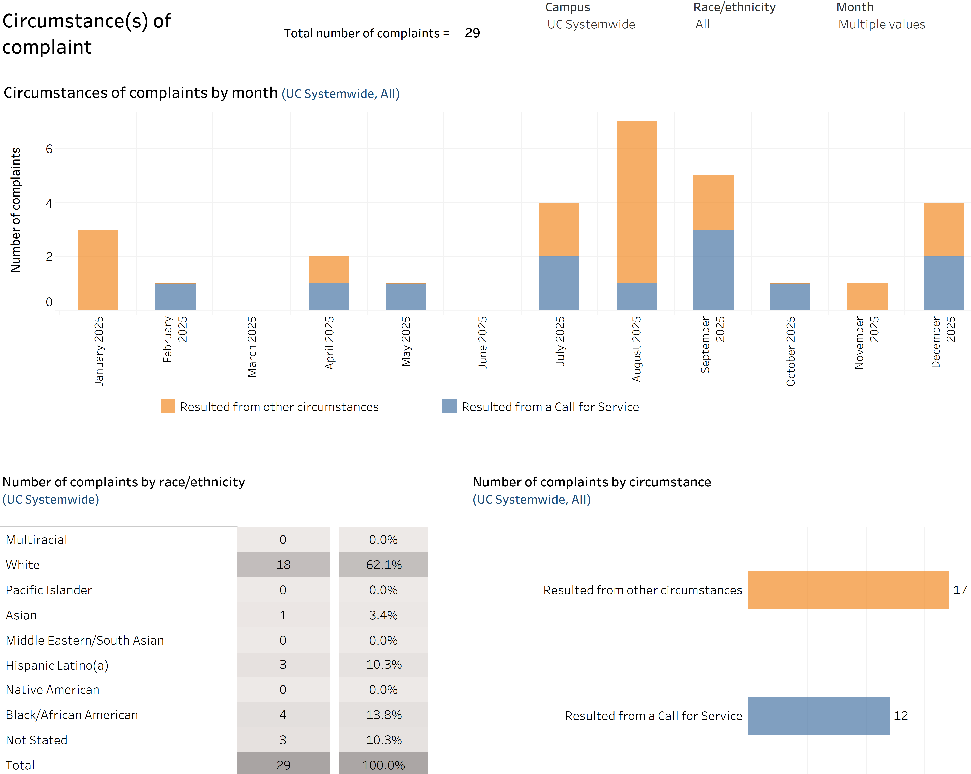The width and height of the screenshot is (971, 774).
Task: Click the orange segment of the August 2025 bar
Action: (636, 202)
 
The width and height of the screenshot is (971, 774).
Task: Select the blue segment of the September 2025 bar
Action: (713, 270)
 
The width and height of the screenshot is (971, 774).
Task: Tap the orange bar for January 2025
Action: (98, 270)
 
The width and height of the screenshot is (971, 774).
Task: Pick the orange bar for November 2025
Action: (867, 296)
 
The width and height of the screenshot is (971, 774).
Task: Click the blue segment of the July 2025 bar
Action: (559, 283)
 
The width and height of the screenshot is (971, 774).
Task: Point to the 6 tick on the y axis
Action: (49, 149)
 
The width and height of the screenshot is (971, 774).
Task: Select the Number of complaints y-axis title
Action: (15, 210)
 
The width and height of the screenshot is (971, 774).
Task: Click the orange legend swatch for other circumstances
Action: (168, 406)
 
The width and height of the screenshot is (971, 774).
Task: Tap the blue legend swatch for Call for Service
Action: (450, 406)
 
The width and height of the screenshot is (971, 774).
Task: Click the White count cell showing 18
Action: (283, 565)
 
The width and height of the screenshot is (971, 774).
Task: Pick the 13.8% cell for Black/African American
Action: (384, 715)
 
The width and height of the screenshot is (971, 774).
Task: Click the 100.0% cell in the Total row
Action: (384, 765)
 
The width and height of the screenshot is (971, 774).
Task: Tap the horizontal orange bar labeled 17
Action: (849, 590)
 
